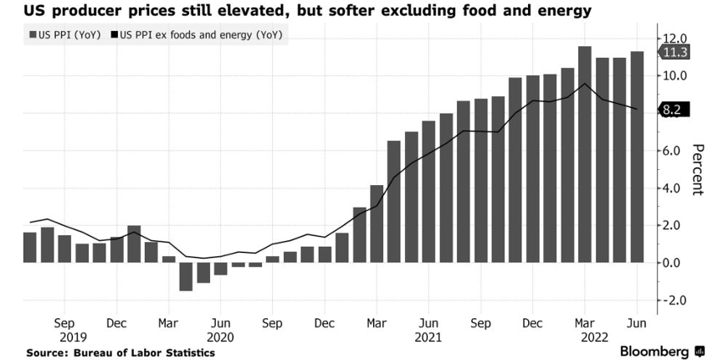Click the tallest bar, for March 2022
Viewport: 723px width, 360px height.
(x=585, y=154)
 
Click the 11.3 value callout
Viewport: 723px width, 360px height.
(x=675, y=54)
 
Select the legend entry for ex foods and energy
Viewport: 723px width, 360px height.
(x=201, y=36)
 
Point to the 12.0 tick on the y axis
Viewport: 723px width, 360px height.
(x=674, y=39)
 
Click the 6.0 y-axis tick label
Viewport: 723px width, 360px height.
(x=674, y=151)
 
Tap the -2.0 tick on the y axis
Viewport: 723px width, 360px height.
(x=674, y=301)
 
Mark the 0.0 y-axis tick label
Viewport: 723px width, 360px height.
(x=674, y=263)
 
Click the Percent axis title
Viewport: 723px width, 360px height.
(x=697, y=169)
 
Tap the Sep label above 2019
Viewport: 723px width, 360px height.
(x=64, y=322)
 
